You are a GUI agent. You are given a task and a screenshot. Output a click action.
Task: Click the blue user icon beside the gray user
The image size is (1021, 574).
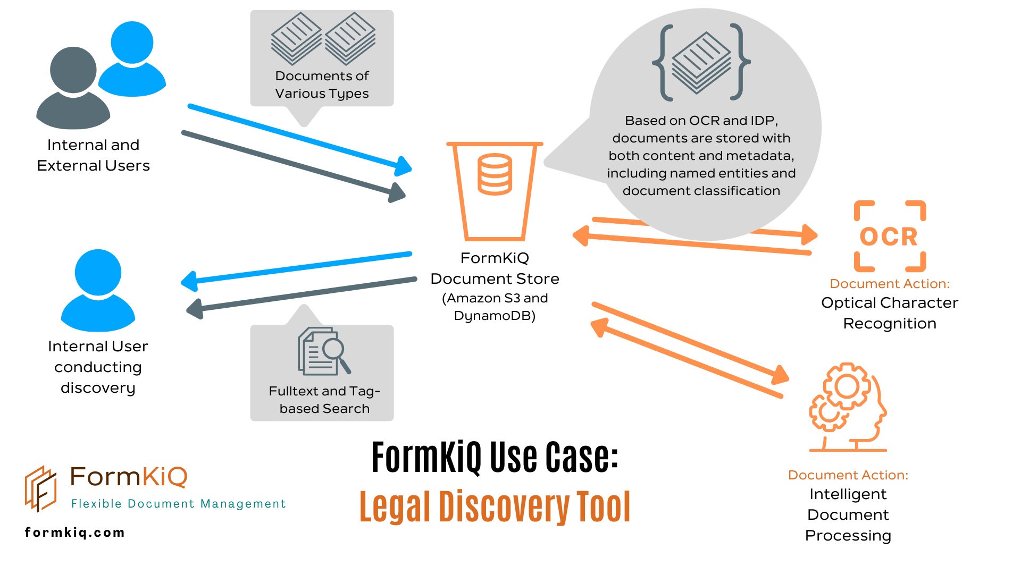132,58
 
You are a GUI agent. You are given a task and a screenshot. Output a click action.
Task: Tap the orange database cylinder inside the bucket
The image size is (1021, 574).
495,174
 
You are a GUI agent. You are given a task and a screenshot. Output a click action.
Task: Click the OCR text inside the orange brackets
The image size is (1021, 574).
889,237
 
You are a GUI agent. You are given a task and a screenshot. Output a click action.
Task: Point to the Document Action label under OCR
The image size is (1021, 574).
890,284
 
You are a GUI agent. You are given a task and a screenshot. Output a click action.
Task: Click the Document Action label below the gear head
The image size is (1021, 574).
848,475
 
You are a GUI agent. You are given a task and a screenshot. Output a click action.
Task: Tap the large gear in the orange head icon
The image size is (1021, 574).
847,386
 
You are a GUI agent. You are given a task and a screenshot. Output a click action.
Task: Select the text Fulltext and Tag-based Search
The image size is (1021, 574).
324,400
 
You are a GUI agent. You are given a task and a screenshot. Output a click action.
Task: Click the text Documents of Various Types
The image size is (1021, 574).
322,85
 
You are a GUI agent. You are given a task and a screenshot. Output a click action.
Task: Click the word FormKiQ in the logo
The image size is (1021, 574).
129,477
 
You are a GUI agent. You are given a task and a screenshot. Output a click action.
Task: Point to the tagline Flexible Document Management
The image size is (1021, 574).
179,503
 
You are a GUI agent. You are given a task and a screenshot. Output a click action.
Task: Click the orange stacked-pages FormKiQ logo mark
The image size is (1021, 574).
41,488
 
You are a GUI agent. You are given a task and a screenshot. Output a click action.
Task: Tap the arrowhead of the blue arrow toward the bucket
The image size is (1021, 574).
404,167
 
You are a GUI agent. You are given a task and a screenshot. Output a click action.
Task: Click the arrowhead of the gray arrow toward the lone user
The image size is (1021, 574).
195,309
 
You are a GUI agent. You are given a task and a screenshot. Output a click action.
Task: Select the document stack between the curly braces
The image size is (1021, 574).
701,62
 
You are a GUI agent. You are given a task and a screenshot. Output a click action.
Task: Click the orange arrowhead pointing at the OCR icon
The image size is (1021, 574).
809,234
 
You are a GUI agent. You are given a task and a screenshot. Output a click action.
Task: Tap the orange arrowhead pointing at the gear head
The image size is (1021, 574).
780,375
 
